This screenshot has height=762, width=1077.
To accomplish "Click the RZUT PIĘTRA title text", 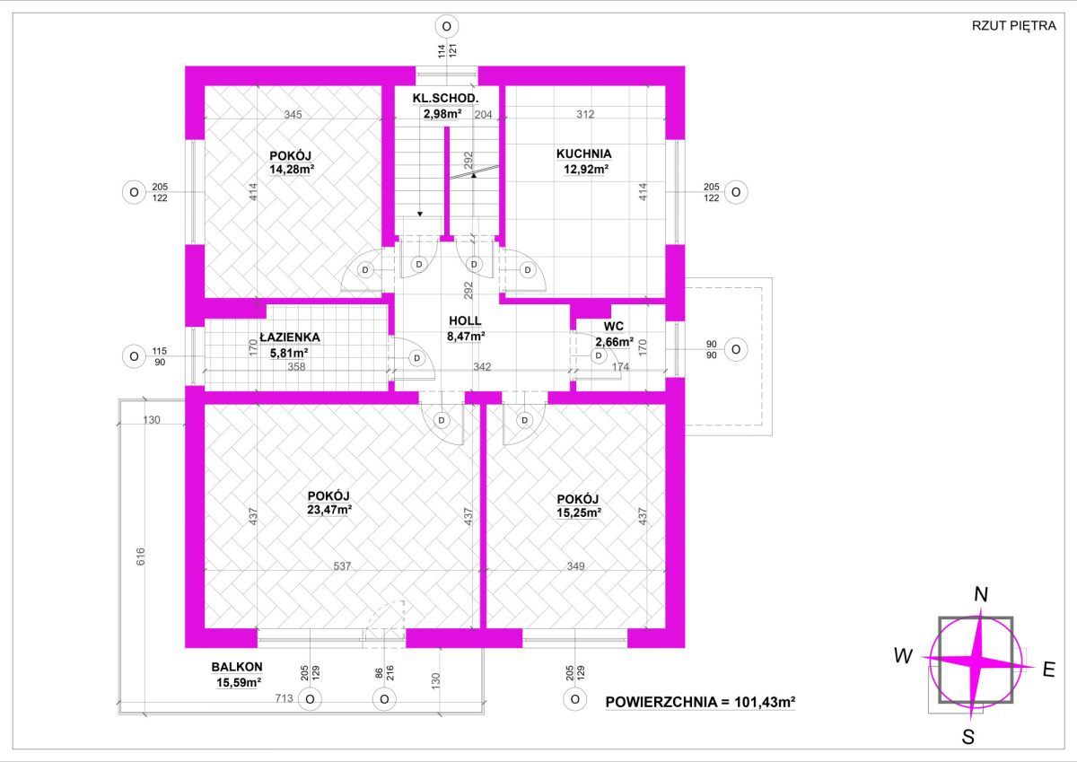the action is (1013, 25).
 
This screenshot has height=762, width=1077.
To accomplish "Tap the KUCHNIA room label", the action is (583, 153).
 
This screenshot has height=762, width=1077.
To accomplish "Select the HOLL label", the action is (465, 320).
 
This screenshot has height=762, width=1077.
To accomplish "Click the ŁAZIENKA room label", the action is (289, 337).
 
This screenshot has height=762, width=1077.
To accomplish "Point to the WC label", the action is (614, 327).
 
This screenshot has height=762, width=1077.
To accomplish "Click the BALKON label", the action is (237, 667).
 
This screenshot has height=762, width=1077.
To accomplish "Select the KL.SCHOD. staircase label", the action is (445, 99).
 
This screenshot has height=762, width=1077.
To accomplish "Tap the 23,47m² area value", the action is (329, 509).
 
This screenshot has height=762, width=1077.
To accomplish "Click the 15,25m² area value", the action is (578, 512).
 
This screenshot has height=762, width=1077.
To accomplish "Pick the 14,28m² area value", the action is (292, 170).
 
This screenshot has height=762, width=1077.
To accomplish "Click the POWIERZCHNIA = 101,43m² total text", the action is (700, 702).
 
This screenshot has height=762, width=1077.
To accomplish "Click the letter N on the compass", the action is (981, 595).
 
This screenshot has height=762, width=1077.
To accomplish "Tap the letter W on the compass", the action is (904, 656).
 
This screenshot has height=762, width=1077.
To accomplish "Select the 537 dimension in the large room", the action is (342, 565).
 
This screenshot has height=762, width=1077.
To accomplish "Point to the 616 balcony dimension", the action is (140, 556).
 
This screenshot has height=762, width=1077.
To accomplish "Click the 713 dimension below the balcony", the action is (285, 697).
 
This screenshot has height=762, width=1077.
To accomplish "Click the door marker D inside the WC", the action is (599, 355).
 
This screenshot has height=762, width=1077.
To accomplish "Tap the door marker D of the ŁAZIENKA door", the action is (416, 358).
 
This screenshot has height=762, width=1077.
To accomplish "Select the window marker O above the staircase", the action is (447, 26).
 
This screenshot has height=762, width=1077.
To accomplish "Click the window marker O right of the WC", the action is (736, 349).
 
